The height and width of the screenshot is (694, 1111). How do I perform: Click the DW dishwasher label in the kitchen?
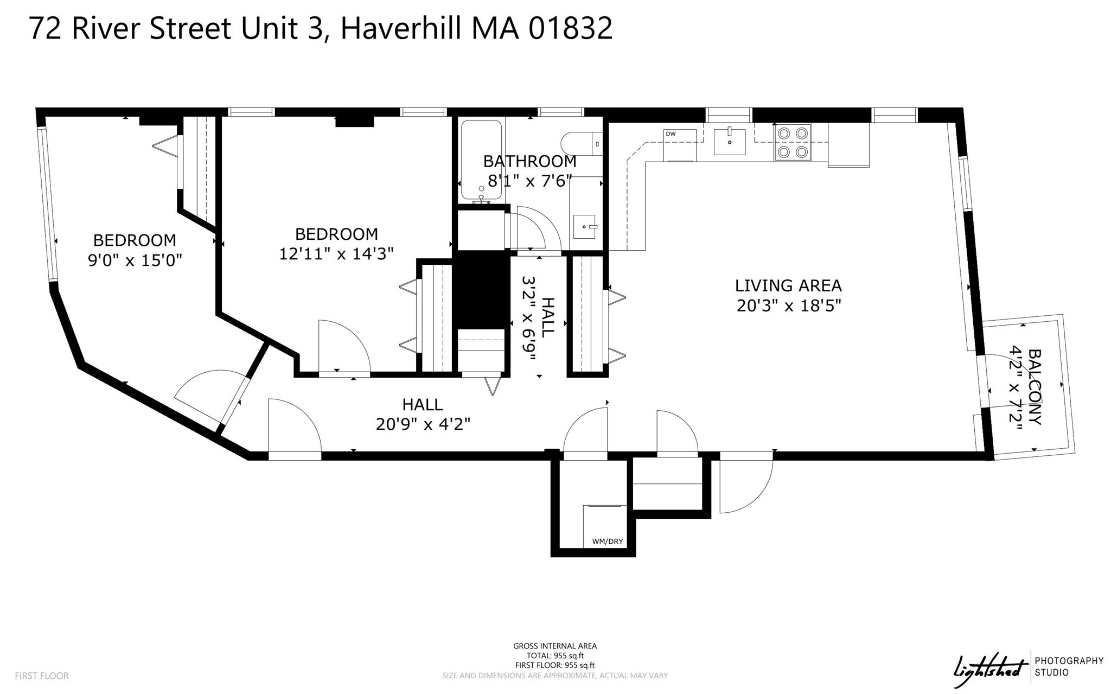671,134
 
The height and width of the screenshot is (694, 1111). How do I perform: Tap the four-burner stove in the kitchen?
793,142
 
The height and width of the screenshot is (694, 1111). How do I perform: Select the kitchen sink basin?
729,142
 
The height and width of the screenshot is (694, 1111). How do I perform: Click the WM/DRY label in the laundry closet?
607,541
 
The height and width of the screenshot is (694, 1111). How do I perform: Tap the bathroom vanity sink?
585,226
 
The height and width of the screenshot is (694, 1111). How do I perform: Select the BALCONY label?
1035,386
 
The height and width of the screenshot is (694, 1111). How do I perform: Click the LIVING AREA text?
788,285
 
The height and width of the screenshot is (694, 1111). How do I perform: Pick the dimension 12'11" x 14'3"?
336,253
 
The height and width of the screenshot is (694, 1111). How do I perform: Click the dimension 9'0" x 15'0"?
135,260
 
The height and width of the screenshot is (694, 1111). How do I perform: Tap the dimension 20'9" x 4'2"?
423,424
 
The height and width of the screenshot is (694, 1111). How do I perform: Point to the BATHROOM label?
529,161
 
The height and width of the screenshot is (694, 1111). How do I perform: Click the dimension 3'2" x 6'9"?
528,319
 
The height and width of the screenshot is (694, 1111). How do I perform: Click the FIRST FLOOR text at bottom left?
42,676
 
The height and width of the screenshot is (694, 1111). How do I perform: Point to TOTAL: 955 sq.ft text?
555,655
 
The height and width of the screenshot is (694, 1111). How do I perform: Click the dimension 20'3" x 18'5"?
788,306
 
